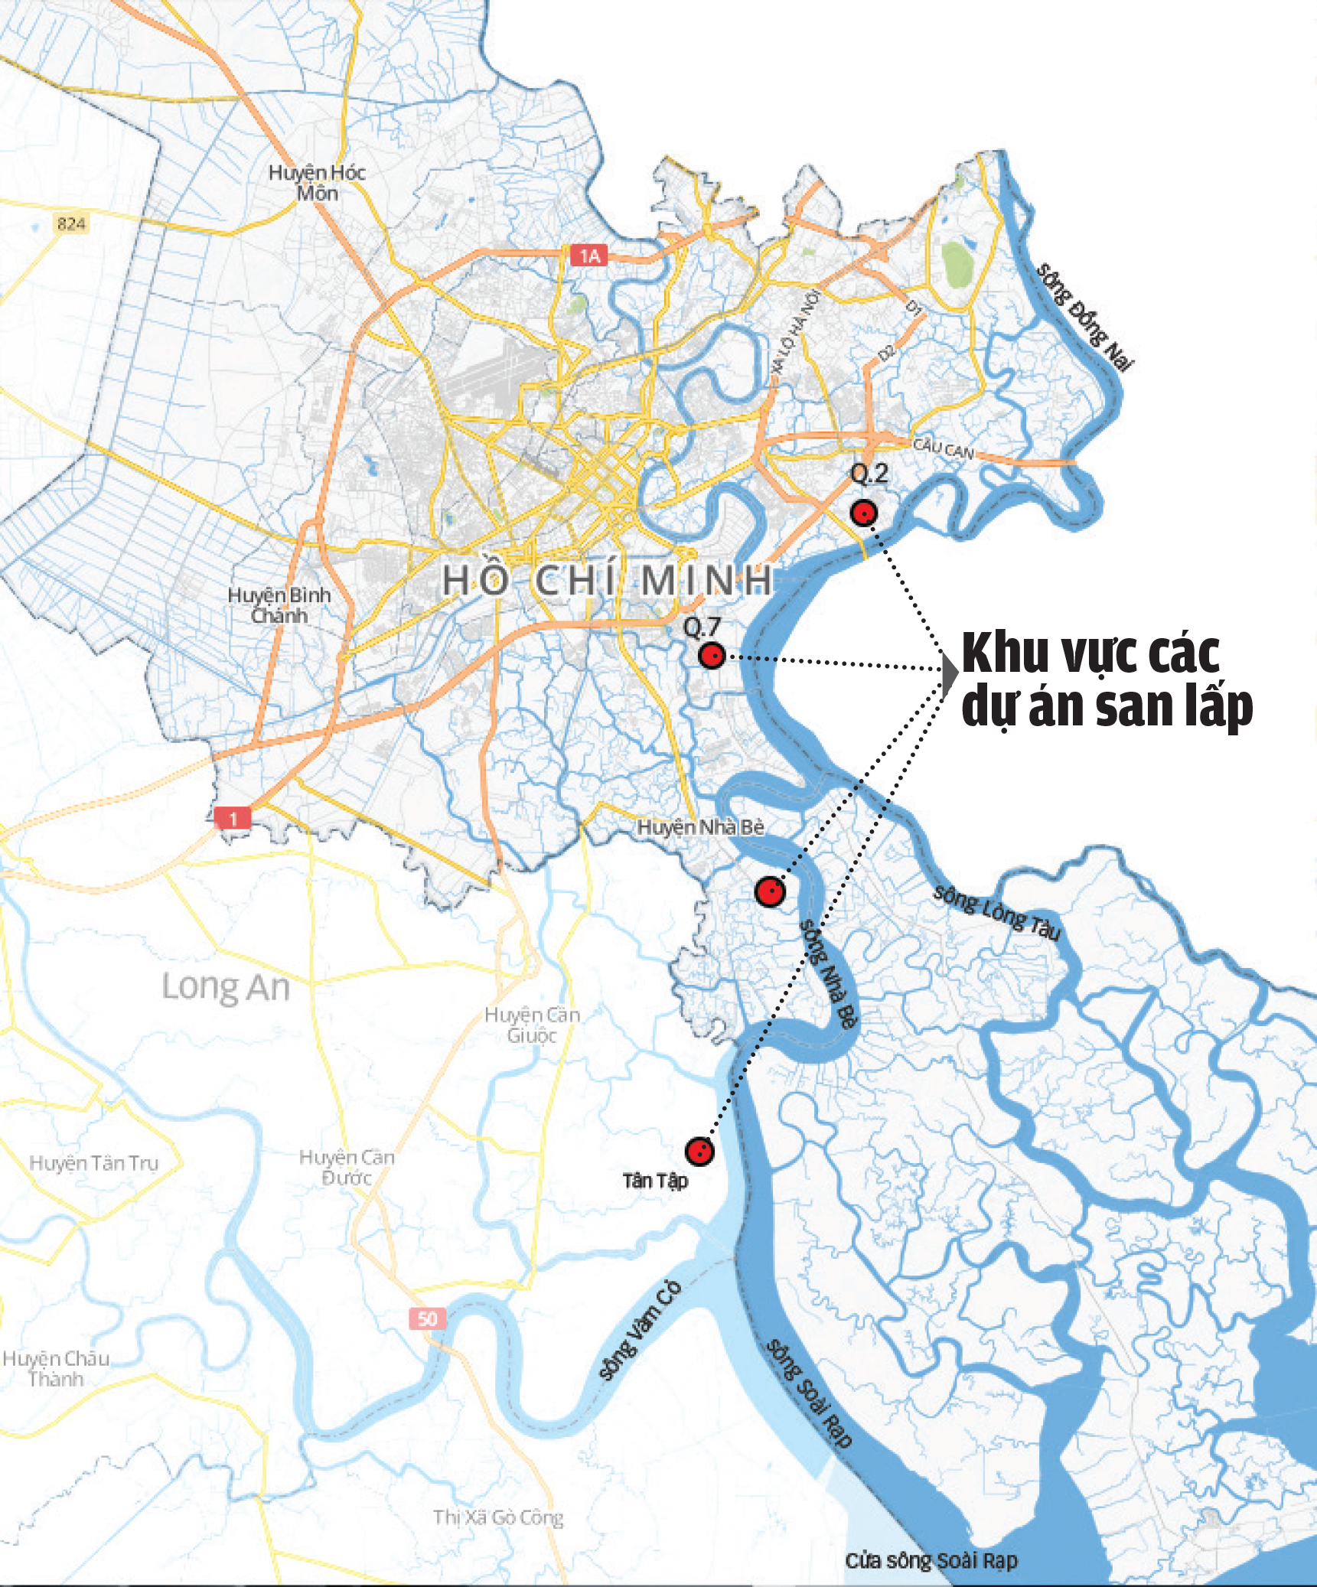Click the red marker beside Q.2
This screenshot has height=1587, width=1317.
863,513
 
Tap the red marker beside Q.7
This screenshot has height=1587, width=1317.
712,656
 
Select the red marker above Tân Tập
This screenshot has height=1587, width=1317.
699,1151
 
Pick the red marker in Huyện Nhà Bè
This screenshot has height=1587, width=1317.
770,891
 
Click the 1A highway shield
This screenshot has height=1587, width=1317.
588,256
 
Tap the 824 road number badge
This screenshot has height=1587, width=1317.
71,223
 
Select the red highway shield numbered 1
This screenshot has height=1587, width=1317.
233,818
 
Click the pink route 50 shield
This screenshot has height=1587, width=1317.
427,1318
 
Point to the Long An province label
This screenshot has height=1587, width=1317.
226,987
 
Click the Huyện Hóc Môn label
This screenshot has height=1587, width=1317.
317,183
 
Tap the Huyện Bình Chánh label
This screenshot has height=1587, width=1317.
279,605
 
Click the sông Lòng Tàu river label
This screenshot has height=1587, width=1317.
997,912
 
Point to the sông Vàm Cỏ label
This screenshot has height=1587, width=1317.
640,1331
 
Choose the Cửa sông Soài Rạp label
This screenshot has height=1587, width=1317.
931,1561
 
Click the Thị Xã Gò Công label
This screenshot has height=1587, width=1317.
498,1517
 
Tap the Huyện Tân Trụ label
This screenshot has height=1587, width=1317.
93,1164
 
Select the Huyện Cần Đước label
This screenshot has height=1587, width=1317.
347,1167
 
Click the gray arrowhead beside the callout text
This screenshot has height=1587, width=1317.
950,673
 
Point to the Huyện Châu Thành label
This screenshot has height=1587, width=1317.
56,1369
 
